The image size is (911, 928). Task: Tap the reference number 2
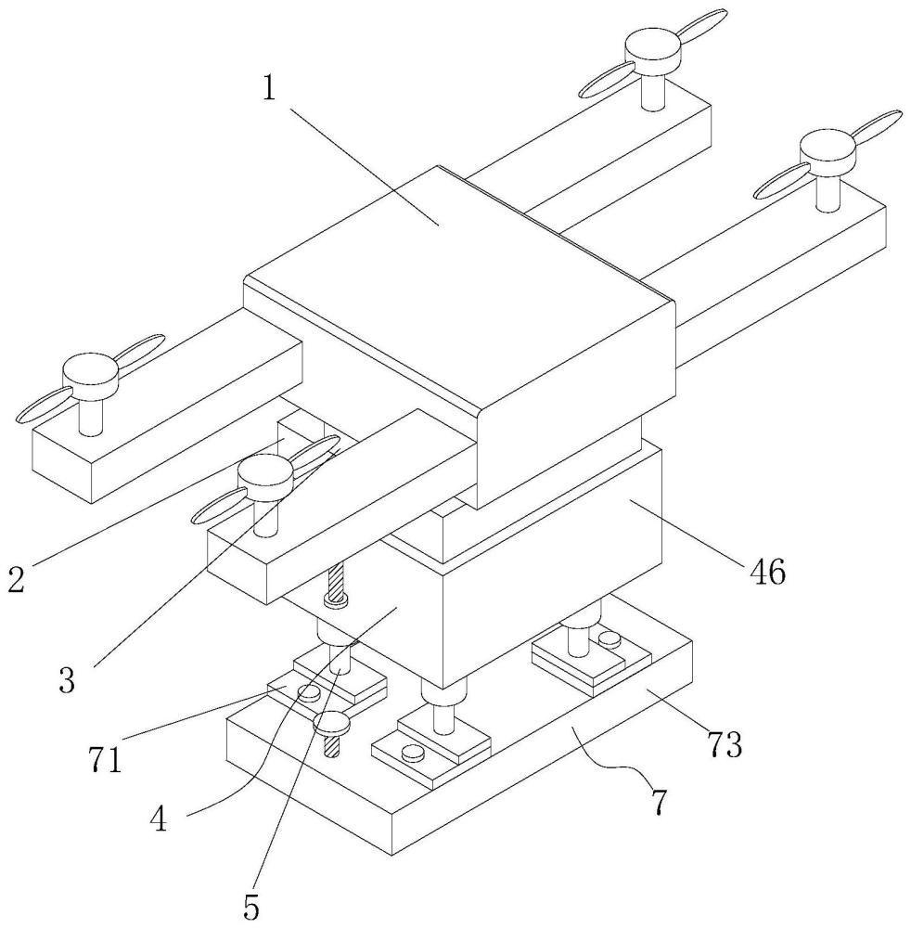pos(17,579)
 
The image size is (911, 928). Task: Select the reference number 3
pos(67,679)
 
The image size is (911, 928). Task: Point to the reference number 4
pos(158,819)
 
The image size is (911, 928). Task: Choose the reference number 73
pos(725,743)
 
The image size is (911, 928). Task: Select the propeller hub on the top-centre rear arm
pos(654,51)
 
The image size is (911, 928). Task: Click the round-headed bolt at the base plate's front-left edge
pos(332,722)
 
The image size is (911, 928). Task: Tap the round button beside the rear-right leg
pos(609,638)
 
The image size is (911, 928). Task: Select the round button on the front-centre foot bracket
pos(412,753)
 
